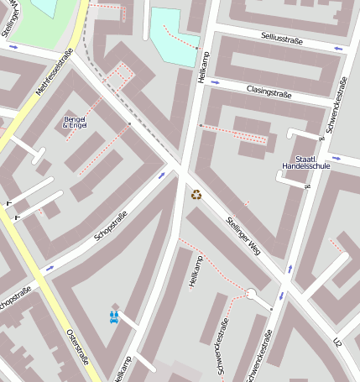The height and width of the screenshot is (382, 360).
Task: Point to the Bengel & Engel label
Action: [x=75, y=122]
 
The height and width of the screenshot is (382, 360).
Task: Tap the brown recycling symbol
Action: [x=196, y=195]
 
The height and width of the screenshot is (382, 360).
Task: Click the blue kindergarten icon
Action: [x=114, y=317]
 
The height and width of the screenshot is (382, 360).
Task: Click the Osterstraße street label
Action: [x=76, y=345]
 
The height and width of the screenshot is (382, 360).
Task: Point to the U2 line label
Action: [x=337, y=343]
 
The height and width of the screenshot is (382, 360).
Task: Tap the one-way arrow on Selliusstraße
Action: [x=338, y=49]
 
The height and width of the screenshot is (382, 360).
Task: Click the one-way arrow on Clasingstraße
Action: [x=215, y=82]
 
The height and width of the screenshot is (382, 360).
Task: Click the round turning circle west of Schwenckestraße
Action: [x=251, y=293]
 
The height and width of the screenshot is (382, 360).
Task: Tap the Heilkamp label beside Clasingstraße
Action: [x=201, y=64]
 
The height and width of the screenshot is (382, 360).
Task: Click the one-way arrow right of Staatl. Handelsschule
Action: [x=337, y=158]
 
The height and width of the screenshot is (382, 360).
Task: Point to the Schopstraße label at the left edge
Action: [x=14, y=297]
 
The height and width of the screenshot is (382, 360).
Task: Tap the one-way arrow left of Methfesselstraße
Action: [x=13, y=46]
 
